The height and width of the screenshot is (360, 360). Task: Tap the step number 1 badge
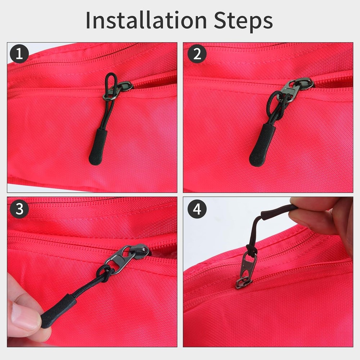coord(19,54)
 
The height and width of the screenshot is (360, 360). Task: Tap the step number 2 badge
coord(197,54)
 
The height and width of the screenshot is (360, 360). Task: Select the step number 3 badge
coord(19,209)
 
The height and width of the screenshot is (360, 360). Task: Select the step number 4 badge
coord(197,209)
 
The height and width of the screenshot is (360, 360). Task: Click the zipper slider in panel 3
coord(141,249)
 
